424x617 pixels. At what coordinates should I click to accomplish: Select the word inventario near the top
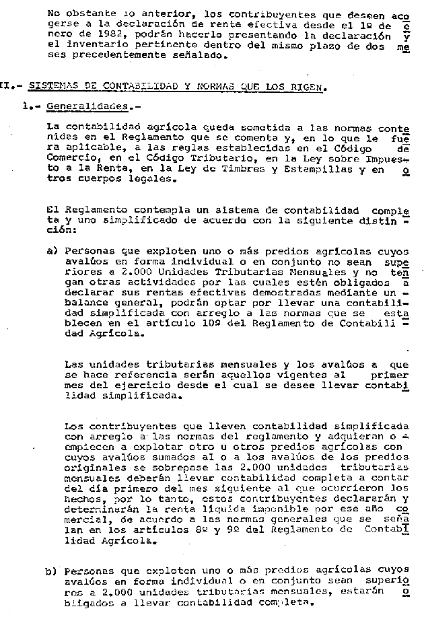pos(90,45)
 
